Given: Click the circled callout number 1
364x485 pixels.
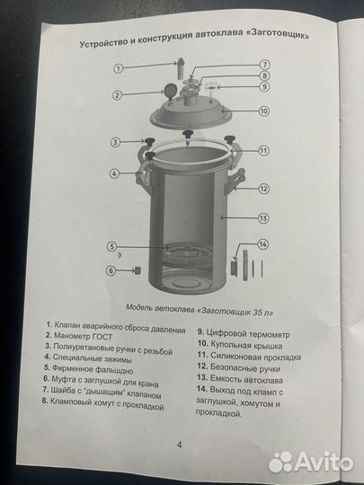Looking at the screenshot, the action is click(118, 68).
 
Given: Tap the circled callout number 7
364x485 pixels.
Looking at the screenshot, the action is click(264, 65).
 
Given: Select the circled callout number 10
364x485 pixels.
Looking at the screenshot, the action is click(263, 111).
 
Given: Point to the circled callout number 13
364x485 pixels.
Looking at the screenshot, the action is click(263, 218).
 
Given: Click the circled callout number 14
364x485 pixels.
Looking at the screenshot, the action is click(262, 244).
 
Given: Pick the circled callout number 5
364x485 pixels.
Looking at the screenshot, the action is click(112, 246).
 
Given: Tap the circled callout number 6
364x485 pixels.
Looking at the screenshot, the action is click(111, 270).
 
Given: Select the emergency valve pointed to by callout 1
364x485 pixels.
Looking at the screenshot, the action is click(181, 67).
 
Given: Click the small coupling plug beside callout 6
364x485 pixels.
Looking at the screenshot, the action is click(137, 270).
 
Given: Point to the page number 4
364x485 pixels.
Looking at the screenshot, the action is click(179, 445).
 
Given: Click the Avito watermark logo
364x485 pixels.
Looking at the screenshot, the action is click(310, 462).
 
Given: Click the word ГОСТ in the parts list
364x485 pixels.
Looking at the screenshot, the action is click(102, 337).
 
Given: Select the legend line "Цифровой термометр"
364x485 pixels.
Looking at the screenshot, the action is click(244, 333).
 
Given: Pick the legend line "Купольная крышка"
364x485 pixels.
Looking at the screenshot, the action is click(240, 345).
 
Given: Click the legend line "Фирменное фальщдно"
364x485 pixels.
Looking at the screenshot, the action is click(88, 369).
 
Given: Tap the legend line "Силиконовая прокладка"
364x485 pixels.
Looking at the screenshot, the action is click(249, 357).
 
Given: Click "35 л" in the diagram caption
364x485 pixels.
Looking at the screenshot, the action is click(263, 313).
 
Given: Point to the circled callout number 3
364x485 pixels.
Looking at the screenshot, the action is click(115, 142).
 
